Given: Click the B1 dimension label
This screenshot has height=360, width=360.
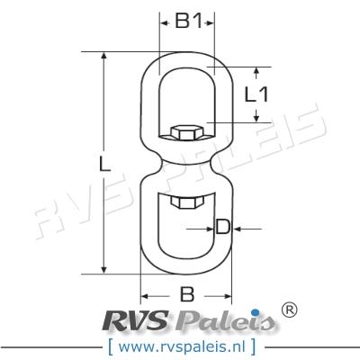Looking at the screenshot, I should (187, 22).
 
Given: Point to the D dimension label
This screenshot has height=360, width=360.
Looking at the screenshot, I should (222, 228).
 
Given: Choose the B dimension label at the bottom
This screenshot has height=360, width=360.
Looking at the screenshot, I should (187, 292).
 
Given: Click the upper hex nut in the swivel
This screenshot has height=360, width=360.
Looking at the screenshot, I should (186, 133).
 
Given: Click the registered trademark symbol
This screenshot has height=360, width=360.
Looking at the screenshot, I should (290, 310).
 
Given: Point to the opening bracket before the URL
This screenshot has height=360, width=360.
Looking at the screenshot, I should (108, 345).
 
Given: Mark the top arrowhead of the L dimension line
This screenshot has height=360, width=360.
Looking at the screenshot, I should (105, 57).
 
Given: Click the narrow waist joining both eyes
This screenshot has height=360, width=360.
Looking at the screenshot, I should (187, 167).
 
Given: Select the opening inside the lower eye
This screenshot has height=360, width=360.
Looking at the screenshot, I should (187, 229).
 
